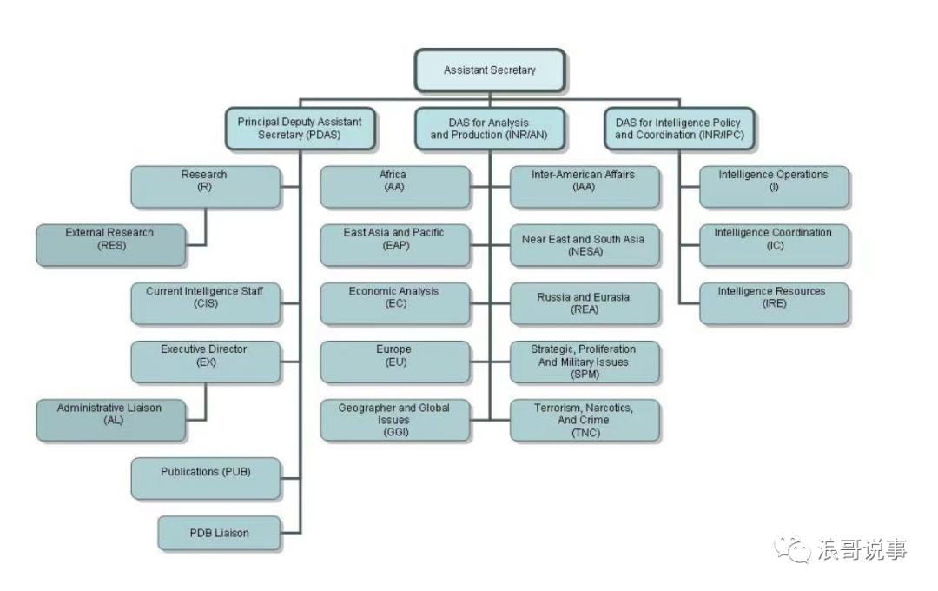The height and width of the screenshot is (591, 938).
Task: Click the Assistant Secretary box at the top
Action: [490, 70]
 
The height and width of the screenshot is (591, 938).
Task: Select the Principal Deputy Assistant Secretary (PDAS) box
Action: [300, 129]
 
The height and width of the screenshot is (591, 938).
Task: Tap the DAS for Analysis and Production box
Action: [489, 129]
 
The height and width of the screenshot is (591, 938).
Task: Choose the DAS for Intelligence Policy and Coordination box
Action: [678, 129]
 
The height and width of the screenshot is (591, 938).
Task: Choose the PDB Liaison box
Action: [219, 533]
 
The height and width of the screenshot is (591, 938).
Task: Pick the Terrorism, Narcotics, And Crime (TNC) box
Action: [584, 420]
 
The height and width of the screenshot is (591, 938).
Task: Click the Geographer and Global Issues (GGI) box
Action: [394, 420]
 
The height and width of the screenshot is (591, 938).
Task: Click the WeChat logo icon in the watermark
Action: [792, 548]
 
